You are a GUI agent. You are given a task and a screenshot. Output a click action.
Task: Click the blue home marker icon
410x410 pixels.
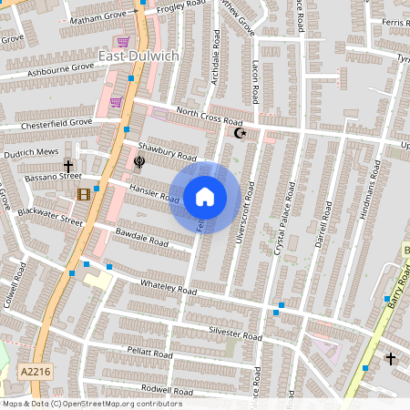pos(204,197)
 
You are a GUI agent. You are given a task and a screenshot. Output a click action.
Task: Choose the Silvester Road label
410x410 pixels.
pos(235,334)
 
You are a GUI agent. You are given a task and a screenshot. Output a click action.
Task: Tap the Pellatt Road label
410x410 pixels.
pos(149,353)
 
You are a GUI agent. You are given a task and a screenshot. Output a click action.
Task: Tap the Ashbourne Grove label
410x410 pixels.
pos(60,69)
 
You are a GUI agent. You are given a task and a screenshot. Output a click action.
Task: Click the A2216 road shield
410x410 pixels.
pos(30,371)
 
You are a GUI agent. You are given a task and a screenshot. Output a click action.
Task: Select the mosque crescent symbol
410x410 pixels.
pos(241,133)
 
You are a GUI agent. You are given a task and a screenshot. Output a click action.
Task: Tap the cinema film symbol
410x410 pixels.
pos(85,194)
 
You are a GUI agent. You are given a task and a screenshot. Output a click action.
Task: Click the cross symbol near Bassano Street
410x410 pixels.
pos(67,168)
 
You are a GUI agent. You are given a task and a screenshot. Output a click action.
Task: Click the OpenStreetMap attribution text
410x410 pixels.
pos(91,404)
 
